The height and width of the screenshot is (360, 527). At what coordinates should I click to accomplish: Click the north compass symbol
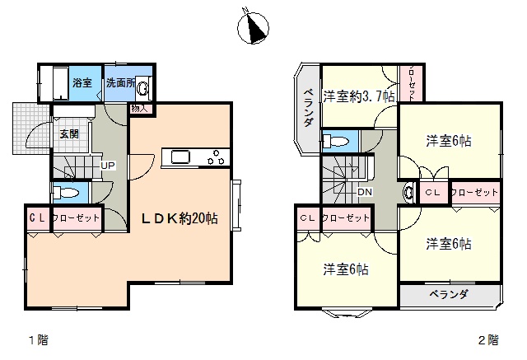(x=253, y=28)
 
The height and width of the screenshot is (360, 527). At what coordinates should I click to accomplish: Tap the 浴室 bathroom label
(x=82, y=82)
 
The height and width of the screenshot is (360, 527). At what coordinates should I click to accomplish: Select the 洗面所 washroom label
(x=121, y=82)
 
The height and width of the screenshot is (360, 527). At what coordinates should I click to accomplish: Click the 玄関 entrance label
(x=69, y=133)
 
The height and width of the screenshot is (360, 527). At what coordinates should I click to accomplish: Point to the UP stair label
(x=108, y=166)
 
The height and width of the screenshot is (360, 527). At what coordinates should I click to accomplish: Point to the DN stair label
(x=365, y=192)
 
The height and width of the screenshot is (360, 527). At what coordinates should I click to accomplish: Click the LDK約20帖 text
(x=180, y=219)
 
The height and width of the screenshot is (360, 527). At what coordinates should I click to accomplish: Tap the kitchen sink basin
(x=180, y=157)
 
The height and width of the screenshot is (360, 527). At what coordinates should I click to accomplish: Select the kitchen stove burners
(x=216, y=157)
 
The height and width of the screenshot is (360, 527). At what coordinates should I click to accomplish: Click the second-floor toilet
(x=337, y=141)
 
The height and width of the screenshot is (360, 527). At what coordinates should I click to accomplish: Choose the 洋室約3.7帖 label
(x=359, y=97)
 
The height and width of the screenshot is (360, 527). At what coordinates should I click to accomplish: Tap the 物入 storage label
(x=139, y=109)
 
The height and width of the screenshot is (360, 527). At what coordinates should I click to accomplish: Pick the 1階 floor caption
(x=39, y=340)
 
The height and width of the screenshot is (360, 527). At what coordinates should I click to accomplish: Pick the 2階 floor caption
(x=488, y=340)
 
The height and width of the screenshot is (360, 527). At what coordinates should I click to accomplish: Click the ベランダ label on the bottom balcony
(x=449, y=295)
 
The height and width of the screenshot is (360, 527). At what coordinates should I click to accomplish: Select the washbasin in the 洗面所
(x=143, y=89)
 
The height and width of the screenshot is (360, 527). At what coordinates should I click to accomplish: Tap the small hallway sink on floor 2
(x=408, y=192)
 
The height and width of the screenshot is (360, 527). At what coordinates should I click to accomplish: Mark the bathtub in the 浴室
(x=61, y=83)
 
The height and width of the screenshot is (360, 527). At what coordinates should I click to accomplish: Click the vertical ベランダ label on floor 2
(x=308, y=108)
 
